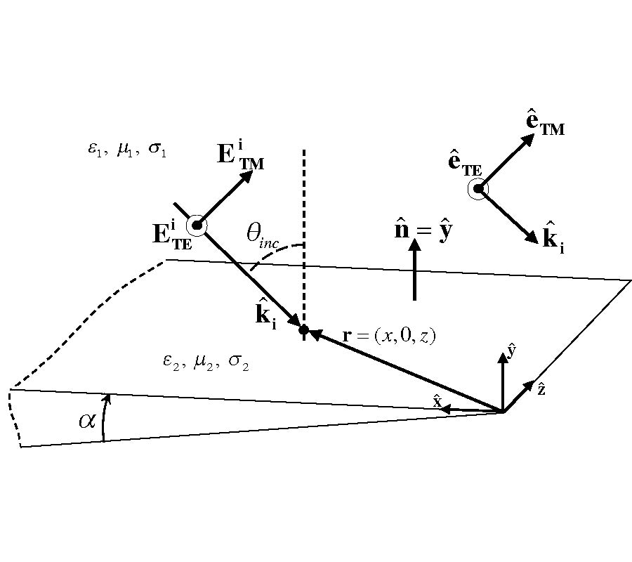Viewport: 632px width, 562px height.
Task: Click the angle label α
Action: point(86,421)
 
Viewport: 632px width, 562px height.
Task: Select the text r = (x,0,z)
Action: point(389,336)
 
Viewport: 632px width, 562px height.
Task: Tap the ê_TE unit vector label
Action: point(464,166)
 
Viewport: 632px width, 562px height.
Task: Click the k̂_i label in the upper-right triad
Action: point(553,238)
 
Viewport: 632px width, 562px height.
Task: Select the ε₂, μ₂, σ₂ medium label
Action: point(206,361)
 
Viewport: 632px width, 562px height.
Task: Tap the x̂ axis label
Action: point(437,401)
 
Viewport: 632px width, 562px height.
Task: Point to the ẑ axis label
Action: point(541,388)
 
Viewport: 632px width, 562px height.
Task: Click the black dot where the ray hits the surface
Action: point(303,329)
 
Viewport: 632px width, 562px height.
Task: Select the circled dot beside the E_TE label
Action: point(197,225)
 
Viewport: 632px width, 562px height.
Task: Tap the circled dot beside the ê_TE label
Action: point(478,188)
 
